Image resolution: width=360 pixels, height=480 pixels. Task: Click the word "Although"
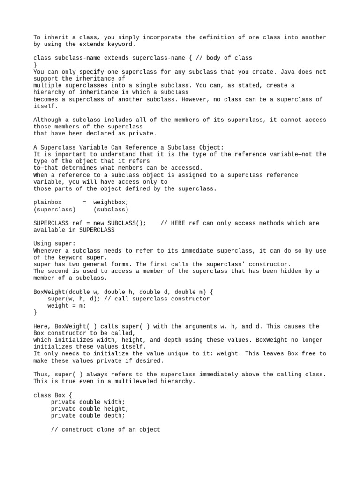point(48,120)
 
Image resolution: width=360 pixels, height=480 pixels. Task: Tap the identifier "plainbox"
point(48,202)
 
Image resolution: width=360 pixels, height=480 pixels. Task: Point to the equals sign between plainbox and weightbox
point(84,202)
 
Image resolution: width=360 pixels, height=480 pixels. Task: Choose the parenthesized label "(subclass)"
point(111,209)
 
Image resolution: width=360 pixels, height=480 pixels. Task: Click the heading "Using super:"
point(54,244)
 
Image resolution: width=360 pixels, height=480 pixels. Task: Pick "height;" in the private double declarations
point(118,409)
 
